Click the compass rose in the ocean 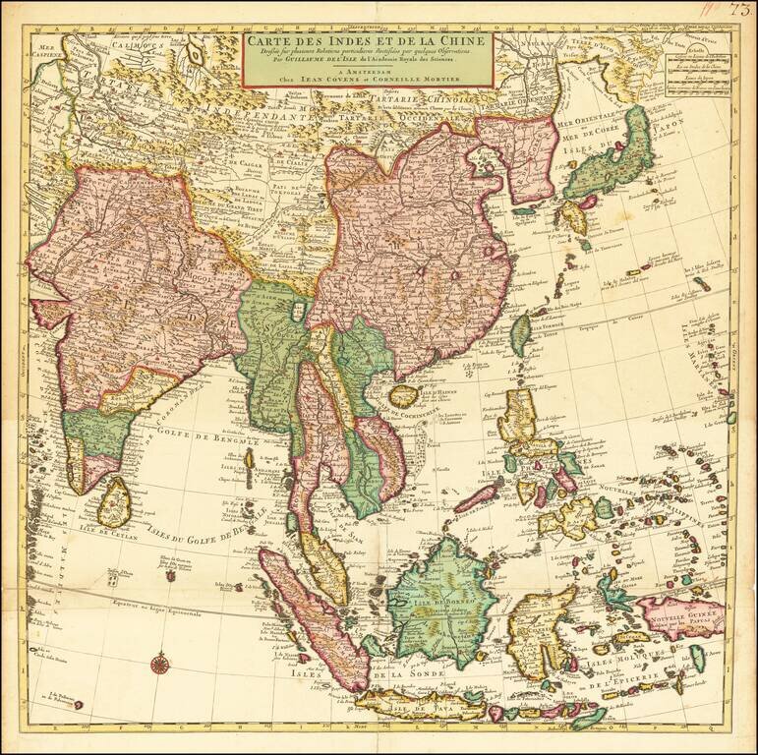point(158,665)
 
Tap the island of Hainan point(403,396)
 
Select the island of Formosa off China point(520,334)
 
